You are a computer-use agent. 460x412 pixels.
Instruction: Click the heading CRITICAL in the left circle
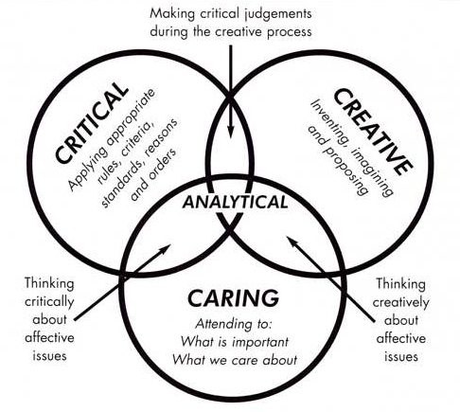tap(92, 122)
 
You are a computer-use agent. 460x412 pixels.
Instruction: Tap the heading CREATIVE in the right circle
tap(373, 132)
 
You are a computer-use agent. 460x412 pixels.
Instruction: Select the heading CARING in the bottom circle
tap(234, 298)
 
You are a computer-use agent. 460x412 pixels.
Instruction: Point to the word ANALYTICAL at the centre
tap(235, 202)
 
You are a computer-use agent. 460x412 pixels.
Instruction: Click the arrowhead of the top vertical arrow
tap(231, 132)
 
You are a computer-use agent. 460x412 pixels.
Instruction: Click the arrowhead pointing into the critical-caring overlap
tap(166, 248)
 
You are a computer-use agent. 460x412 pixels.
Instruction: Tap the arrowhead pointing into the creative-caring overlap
tap(292, 241)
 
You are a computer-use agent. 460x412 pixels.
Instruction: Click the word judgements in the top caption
tap(276, 14)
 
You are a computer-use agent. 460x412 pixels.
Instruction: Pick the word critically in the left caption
tap(49, 302)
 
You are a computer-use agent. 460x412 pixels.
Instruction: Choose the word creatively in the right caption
tap(400, 303)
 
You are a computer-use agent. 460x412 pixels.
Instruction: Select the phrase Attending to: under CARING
tap(234, 324)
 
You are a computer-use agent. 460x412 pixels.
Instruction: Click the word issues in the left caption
tap(49, 356)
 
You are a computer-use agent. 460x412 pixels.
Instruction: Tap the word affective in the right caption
tap(400, 338)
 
